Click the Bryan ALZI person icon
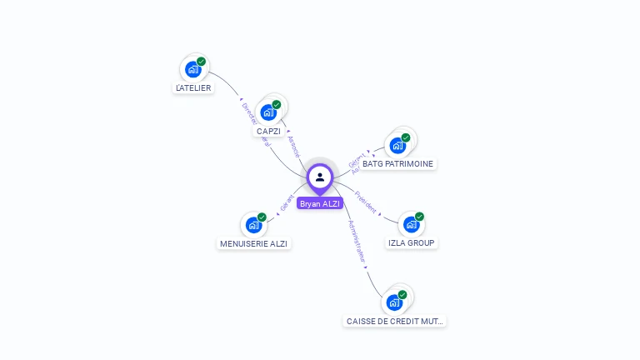pos(320,177)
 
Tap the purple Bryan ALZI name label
pos(320,203)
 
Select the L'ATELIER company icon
pos(193,69)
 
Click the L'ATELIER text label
pos(193,87)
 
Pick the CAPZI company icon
pos(268,112)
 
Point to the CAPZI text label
pos(268,132)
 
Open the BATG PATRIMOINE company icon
pos(397,145)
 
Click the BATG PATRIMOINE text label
pos(397,164)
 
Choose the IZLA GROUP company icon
pos(411,224)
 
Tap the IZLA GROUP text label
pos(412,243)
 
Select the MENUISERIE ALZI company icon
pos(253,225)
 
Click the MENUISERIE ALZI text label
pos(254,244)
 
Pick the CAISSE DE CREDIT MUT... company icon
pos(394,302)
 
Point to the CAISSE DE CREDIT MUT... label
pos(395,321)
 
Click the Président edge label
pos(366,202)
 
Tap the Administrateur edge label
pos(356,242)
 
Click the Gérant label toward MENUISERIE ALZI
pos(287,202)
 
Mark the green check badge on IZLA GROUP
pos(419,217)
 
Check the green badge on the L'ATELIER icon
pos(202,62)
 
